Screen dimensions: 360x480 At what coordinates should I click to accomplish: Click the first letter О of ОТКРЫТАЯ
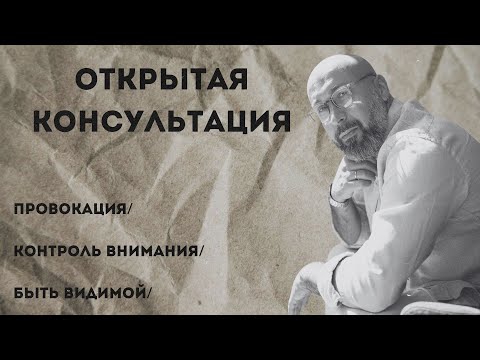[x=87, y=81]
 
